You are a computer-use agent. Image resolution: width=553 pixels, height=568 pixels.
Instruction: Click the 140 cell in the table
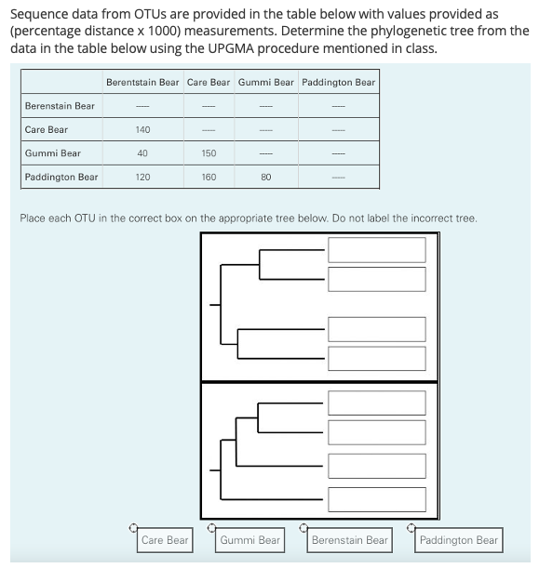coord(142,130)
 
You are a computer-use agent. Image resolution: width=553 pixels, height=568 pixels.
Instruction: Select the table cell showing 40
coord(142,153)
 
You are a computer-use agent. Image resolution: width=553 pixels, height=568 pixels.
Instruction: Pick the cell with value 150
coord(209,153)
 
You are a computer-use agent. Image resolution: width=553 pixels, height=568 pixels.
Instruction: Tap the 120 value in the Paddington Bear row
coord(142,177)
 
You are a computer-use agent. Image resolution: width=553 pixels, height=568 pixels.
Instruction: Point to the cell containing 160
coord(209,177)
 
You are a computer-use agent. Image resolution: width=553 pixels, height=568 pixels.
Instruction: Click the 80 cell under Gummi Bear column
coord(265,177)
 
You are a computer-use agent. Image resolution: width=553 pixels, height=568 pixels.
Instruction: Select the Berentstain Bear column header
coord(142,82)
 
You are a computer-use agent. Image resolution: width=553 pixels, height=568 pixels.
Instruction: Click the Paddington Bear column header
coord(339,82)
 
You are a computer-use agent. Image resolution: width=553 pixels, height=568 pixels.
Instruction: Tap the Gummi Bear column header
coord(265,82)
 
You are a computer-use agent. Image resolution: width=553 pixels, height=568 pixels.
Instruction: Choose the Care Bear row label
coord(47,130)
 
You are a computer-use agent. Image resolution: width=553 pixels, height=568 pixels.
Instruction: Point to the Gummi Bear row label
coord(53,153)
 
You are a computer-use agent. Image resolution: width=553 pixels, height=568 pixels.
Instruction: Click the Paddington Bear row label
coord(61,177)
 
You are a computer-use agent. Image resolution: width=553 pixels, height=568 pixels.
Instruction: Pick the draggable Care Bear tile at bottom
coord(165,540)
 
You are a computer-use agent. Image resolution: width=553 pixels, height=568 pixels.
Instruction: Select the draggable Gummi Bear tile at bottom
coord(250,540)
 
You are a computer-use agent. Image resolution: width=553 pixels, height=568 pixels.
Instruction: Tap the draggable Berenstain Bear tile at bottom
coord(349,540)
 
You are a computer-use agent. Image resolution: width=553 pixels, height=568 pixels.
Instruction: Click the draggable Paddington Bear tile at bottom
coord(458,540)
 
